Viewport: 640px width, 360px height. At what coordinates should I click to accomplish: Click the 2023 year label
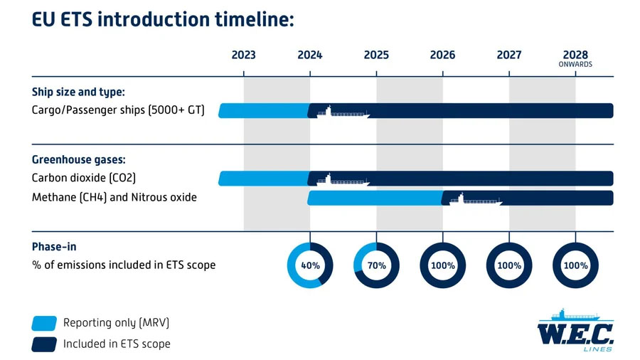(244, 55)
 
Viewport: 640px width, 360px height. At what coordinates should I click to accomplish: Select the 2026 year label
(442, 55)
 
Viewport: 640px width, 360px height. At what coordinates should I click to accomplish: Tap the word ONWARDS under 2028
(575, 64)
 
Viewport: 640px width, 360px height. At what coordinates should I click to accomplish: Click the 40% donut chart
(310, 265)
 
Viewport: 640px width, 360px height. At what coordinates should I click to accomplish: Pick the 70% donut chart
(376, 265)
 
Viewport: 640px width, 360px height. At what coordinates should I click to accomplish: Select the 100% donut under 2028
(575, 265)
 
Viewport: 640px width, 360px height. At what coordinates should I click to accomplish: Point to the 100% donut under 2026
(442, 265)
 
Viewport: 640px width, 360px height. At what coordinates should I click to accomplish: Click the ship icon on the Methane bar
(475, 198)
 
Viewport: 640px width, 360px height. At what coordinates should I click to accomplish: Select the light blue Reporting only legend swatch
(43, 323)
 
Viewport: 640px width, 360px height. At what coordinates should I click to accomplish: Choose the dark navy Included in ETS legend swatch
(43, 344)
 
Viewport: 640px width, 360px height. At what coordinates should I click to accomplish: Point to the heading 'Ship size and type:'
(79, 92)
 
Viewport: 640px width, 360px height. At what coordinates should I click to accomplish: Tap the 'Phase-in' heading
(54, 246)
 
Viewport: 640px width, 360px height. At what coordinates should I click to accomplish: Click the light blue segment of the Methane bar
(373, 198)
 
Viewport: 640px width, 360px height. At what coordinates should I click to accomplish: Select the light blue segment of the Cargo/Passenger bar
(262, 110)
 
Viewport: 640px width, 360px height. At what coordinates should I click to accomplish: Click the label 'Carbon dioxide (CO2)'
(84, 178)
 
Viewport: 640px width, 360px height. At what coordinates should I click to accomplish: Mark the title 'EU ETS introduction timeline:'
(163, 19)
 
